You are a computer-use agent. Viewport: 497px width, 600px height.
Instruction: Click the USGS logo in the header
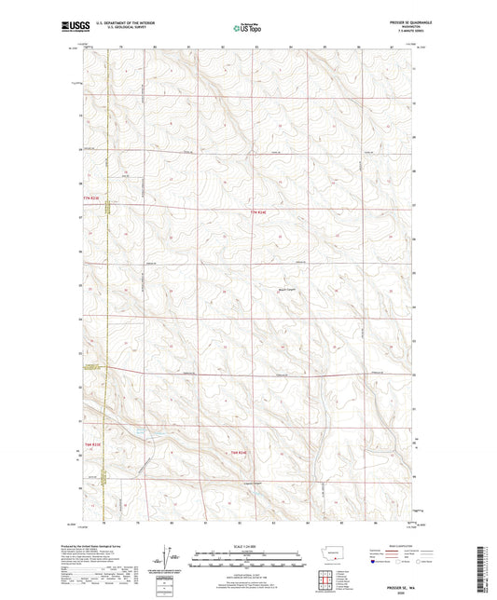[71, 27]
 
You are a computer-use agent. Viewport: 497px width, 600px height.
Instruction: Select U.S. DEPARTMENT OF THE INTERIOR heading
[118, 23]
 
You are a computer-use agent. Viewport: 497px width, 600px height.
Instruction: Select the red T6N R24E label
[240, 453]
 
